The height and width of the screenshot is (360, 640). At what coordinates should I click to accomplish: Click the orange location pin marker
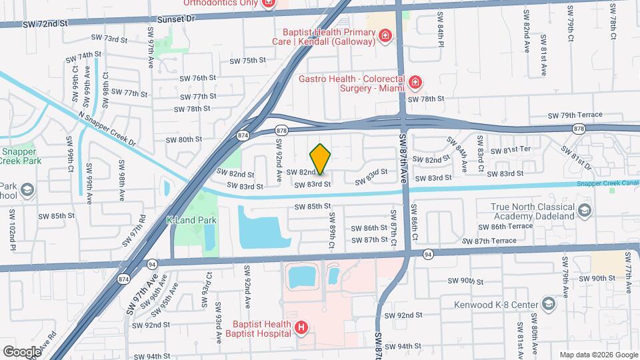321,159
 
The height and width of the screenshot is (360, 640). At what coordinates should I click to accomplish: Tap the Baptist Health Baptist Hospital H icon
301,327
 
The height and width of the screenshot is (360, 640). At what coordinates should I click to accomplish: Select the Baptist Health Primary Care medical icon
384,35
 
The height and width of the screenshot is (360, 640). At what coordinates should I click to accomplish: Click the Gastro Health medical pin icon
415,83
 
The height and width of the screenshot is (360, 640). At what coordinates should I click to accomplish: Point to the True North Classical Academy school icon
584,211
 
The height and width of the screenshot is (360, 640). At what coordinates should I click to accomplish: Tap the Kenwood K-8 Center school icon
548,305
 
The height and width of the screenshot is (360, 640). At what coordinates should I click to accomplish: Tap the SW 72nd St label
45,24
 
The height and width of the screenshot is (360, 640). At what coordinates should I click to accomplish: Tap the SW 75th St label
247,61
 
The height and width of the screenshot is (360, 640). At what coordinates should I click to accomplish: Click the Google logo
22,351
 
